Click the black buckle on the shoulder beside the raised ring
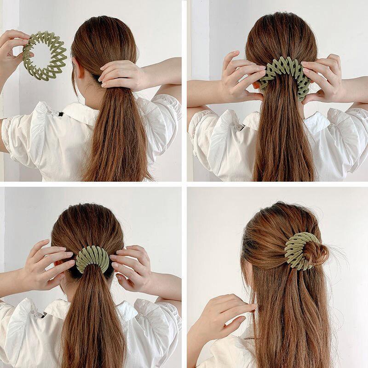59,111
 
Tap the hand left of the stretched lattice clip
241,76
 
